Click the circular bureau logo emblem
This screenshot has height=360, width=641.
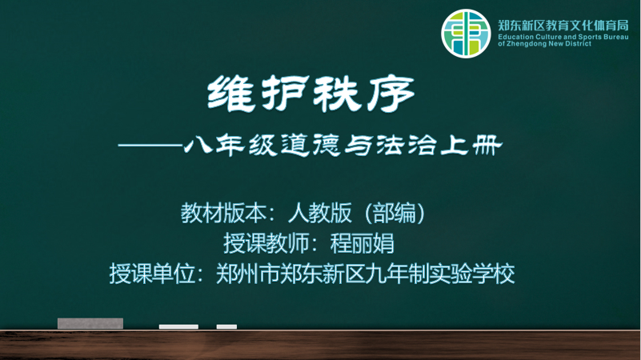click(x=466, y=34)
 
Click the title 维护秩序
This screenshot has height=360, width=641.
click(x=311, y=94)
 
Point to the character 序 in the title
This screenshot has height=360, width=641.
click(x=391, y=94)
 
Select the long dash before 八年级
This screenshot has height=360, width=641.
click(x=150, y=145)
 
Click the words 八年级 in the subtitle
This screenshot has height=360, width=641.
click(x=230, y=146)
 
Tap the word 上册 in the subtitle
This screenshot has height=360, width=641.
click(x=471, y=146)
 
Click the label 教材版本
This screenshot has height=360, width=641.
click(x=223, y=213)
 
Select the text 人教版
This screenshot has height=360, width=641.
click(x=319, y=213)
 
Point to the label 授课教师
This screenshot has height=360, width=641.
click(x=266, y=243)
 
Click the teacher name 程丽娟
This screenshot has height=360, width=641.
click(x=363, y=243)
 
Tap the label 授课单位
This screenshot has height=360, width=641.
click(x=152, y=274)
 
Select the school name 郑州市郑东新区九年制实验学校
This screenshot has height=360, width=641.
click(x=365, y=274)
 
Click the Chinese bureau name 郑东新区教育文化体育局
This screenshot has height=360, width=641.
click(x=563, y=26)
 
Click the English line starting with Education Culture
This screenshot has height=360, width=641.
click(x=563, y=37)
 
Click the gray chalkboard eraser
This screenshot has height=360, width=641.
click(x=90, y=323)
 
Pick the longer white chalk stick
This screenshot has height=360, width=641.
click(x=178, y=326)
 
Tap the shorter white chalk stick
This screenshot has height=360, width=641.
click(x=227, y=326)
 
